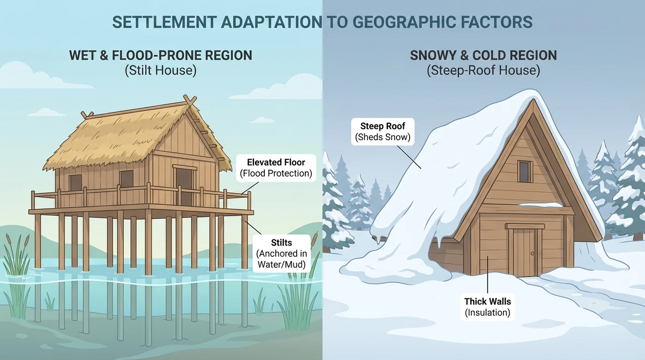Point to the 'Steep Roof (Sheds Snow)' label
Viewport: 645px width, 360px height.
(x=382, y=131)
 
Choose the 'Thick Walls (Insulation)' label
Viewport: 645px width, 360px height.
(x=487, y=307)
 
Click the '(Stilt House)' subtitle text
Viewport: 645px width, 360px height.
(x=160, y=71)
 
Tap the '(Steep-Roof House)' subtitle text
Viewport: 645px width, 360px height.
(x=483, y=71)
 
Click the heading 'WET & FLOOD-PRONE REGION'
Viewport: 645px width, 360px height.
(x=160, y=55)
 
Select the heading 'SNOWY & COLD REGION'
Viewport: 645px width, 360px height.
(x=483, y=55)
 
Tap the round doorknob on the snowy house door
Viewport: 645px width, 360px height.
(x=532, y=254)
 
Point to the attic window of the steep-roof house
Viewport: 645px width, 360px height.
(x=525, y=171)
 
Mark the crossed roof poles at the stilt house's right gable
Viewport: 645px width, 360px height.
(x=190, y=101)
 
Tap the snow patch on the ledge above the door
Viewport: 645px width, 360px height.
(x=540, y=205)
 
